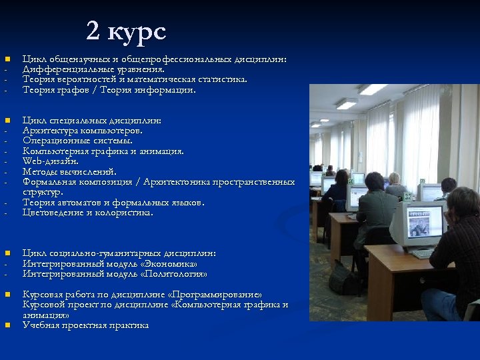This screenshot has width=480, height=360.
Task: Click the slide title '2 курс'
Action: (x=126, y=31)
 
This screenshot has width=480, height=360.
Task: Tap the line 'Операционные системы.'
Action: (x=77, y=141)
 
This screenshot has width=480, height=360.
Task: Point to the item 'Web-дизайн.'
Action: (x=51, y=161)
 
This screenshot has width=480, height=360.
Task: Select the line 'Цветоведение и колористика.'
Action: (x=87, y=213)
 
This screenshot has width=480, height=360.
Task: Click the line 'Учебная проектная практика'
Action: (x=85, y=325)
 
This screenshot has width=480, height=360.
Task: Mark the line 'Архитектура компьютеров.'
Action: (x=82, y=131)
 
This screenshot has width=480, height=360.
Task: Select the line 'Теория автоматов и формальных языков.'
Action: (x=113, y=202)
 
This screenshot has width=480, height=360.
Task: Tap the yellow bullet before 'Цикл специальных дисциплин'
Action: (x=7, y=121)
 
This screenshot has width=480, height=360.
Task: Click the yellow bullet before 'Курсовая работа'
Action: (x=7, y=294)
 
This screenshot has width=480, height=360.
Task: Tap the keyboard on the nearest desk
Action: (x=423, y=253)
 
